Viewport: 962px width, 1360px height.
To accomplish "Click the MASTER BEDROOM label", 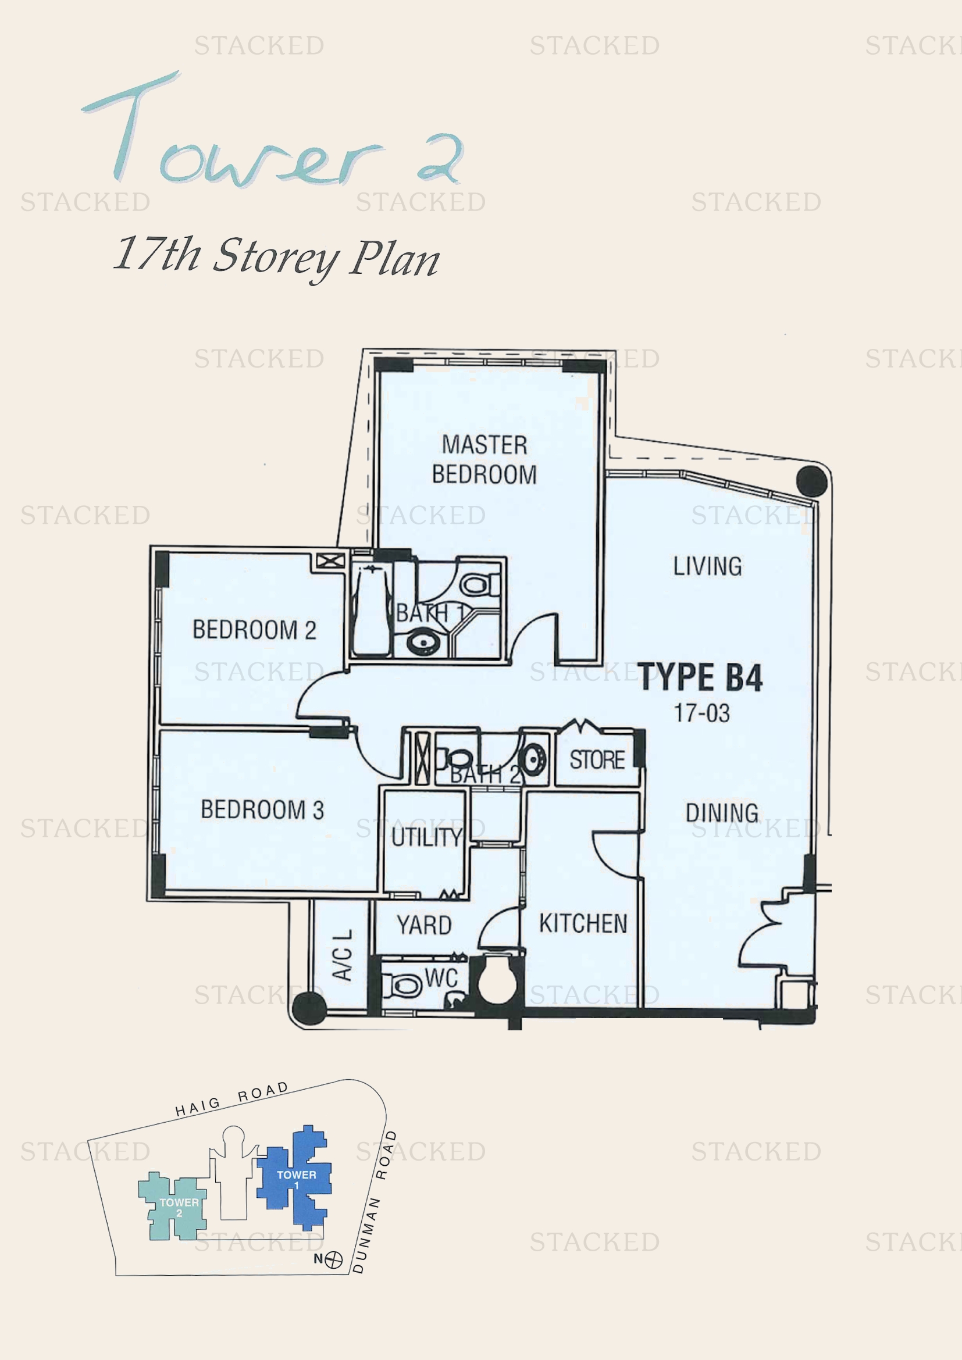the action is click(484, 459).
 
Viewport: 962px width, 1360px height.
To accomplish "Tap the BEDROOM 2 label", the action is click(254, 630).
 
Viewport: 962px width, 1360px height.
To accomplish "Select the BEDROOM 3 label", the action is click(262, 809).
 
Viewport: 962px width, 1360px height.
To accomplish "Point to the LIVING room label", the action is click(707, 566).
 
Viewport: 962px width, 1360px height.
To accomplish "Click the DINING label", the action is click(722, 813).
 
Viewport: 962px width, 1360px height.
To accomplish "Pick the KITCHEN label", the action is click(583, 923).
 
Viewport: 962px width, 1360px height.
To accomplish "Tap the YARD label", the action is click(424, 924).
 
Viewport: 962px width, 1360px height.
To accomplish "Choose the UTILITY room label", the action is click(426, 837).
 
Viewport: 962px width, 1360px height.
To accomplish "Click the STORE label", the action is click(597, 759).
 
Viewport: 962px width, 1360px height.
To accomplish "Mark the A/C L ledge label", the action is click(343, 955).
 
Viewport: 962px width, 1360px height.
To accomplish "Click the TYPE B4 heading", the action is click(700, 677).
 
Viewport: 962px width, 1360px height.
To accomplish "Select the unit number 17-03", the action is click(702, 713).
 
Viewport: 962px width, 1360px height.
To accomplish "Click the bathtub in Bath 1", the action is click(371, 610).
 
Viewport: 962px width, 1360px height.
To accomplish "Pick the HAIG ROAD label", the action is click(231, 1100).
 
